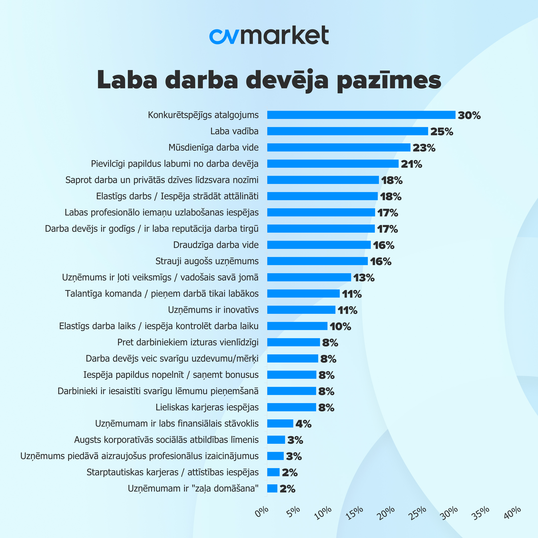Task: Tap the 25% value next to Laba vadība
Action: click(x=442, y=131)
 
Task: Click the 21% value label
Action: click(x=411, y=164)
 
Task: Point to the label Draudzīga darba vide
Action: click(x=216, y=245)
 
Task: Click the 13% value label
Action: click(x=364, y=278)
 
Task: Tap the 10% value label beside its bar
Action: click(x=340, y=326)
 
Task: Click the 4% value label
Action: click(x=303, y=424)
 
